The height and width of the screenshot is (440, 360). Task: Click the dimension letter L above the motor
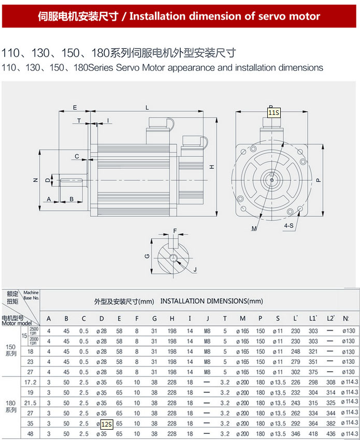pyautogui.click(x=147, y=107)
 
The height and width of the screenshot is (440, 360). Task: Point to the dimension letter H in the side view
pyautogui.click(x=212, y=167)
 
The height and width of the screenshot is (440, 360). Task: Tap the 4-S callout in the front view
pyautogui.click(x=289, y=226)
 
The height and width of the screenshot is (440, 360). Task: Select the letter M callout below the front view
pyautogui.click(x=254, y=228)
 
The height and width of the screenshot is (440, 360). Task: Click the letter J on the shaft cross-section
pyautogui.click(x=195, y=270)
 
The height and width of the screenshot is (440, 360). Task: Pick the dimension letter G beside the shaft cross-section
pyautogui.click(x=147, y=256)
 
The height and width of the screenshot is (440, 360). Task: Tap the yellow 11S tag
pyautogui.click(x=273, y=112)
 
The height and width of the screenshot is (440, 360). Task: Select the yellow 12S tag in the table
pyautogui.click(x=106, y=424)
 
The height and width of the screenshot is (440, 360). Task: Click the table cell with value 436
pyautogui.click(x=330, y=434)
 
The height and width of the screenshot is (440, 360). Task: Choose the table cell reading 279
pyautogui.click(x=295, y=362)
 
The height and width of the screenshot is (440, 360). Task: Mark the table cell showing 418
pyautogui.click(x=313, y=434)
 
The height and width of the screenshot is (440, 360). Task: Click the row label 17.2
pyautogui.click(x=31, y=382)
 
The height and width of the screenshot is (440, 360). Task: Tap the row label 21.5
pyautogui.click(x=31, y=403)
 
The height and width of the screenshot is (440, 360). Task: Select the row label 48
pyautogui.click(x=31, y=434)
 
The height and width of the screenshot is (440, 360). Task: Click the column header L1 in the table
pyautogui.click(x=313, y=318)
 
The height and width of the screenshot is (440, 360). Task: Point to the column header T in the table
pyautogui.click(x=225, y=318)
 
